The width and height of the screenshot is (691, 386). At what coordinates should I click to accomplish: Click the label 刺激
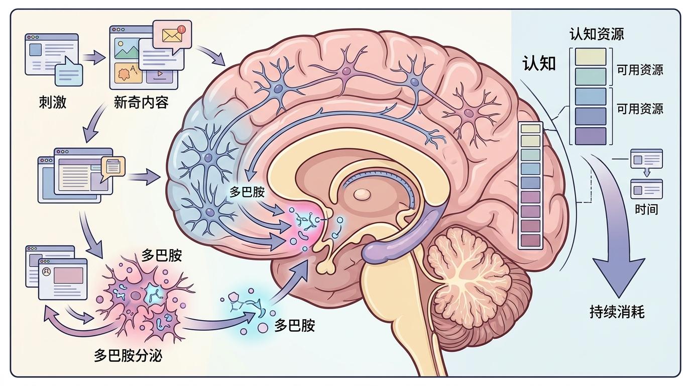pos(52,102)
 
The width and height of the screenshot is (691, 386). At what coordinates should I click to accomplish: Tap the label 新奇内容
pos(141,102)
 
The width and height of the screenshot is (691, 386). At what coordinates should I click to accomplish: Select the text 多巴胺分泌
pos(128,356)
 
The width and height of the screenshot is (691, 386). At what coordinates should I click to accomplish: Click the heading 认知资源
pos(596,34)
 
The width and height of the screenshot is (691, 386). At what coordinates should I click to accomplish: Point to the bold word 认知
pos(539,64)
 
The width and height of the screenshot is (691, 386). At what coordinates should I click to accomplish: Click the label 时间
pos(646,209)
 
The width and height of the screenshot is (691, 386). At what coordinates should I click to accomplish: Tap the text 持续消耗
pos(617,312)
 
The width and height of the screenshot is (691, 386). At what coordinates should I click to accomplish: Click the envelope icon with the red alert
pos(172,35)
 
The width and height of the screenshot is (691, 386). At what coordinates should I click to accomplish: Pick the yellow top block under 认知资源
pos(591,56)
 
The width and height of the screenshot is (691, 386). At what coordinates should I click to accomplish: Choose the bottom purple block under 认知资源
pos(591,136)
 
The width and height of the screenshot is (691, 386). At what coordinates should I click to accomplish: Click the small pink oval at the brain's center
pos(362,194)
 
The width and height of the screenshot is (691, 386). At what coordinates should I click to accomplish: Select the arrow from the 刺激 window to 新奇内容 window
pos(94,57)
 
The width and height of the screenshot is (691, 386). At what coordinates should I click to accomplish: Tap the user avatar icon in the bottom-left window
pos(47,271)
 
